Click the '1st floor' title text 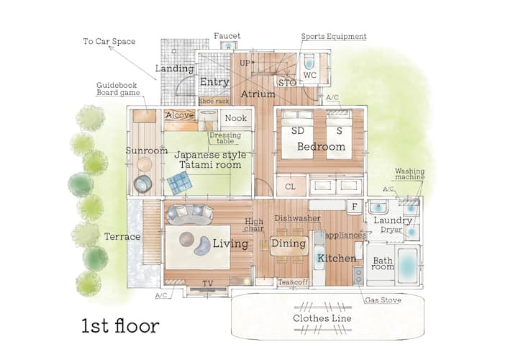(x=120, y=325)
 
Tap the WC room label (x=310, y=75)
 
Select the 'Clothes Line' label (x=322, y=318)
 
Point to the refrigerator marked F (x=354, y=207)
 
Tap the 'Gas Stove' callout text (x=383, y=300)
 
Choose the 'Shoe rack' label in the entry (x=214, y=101)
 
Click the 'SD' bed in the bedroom (x=297, y=135)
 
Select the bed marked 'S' (x=340, y=135)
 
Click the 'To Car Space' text (x=109, y=41)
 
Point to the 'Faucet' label (x=227, y=36)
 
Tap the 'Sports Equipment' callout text (x=334, y=37)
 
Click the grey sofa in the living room (x=190, y=215)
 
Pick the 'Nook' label (x=236, y=118)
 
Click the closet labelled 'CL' (x=291, y=186)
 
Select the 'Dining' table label (x=288, y=243)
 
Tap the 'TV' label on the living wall (x=208, y=283)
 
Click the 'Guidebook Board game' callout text (x=117, y=89)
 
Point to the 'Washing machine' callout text (x=409, y=174)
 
